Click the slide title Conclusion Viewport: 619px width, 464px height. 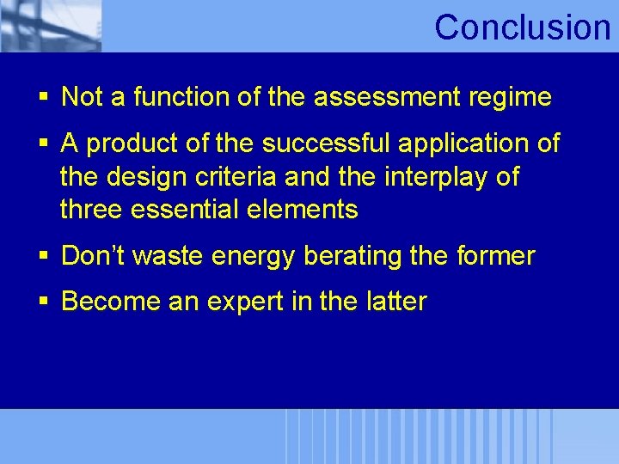coord(522,27)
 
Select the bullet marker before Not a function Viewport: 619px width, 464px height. coord(44,98)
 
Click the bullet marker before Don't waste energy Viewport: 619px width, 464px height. coord(44,256)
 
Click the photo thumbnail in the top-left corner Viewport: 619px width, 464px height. coord(50,26)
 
